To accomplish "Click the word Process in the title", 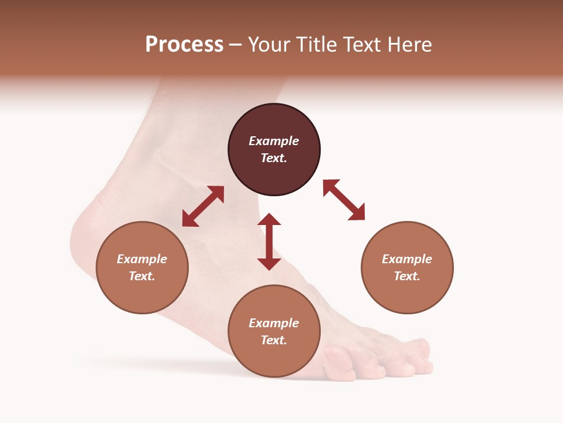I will coord(184,45).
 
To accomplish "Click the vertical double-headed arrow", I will coord(269,241).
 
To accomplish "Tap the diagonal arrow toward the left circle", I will coord(203,206).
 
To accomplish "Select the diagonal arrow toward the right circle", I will coord(344,200).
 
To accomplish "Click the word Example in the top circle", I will coord(274,141).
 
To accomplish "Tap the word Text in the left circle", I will coord(142,276).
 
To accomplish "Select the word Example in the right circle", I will coord(407,259).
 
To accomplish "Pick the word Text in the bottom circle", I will coord(274,340).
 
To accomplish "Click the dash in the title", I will coord(235,45).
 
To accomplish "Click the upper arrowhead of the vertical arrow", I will coord(269,219).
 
